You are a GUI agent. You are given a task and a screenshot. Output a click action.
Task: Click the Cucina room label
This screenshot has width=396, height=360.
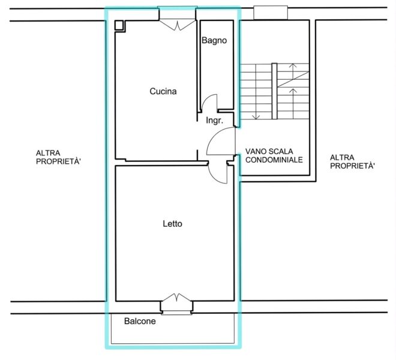163,91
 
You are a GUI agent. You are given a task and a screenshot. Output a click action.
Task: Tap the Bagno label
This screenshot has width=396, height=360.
214,40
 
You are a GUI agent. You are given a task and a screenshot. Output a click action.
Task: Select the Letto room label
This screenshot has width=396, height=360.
172,224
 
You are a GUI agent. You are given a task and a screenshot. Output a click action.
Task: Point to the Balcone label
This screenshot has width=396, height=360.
140,322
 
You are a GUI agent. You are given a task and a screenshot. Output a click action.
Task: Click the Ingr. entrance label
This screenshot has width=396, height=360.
215,121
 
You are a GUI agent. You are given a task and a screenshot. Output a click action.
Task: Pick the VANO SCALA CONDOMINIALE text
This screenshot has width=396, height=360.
274,155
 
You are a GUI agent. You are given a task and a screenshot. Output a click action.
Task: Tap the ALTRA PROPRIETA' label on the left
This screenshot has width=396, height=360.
58,157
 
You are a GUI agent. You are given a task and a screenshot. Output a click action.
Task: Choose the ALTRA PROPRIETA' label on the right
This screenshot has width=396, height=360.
353,161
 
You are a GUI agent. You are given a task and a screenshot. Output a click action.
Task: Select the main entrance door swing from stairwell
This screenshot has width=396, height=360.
214,136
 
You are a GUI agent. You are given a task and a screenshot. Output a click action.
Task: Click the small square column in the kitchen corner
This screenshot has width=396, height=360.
119,25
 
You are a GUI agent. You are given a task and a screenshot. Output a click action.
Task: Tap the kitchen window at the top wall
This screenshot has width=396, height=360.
177,13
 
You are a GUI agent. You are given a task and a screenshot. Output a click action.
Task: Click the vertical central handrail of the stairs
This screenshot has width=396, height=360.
274,91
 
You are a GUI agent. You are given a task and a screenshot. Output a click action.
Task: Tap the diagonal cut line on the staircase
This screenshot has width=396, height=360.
293,79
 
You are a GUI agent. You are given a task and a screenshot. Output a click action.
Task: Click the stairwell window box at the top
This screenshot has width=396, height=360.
271,13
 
